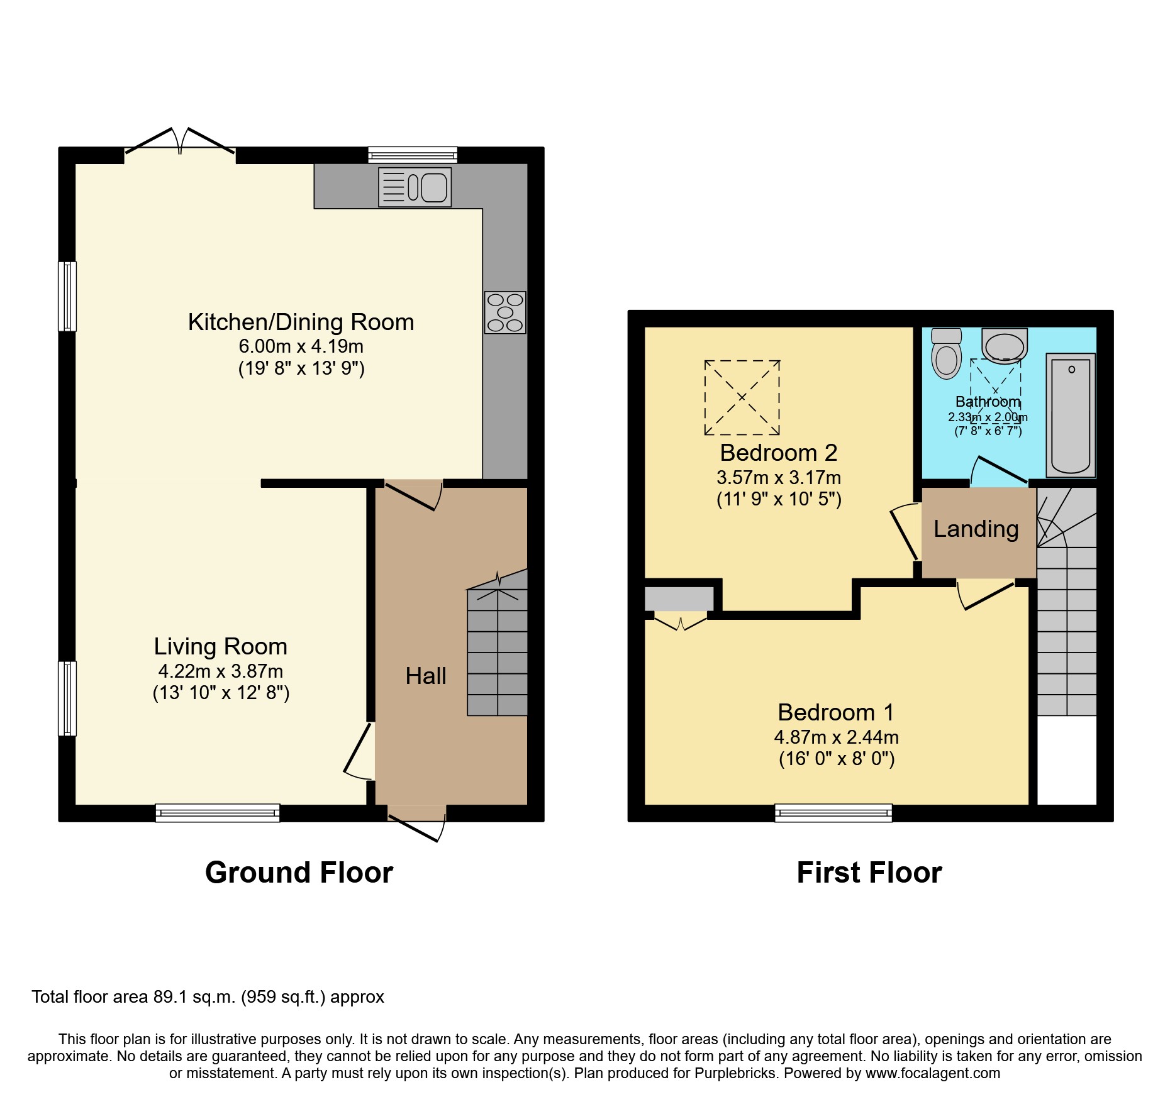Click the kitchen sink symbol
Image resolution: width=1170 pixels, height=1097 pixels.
(x=415, y=187)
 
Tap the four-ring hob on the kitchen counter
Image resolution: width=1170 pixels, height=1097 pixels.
(x=504, y=312)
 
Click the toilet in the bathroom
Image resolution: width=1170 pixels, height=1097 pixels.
(x=946, y=353)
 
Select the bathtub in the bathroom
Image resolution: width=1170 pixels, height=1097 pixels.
(x=1071, y=415)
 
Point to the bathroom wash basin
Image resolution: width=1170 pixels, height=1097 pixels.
(x=1005, y=346)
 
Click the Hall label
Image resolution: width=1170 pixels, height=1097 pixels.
(x=426, y=676)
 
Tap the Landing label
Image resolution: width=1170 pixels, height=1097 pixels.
(x=976, y=529)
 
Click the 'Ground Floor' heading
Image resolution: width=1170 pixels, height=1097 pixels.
(x=299, y=873)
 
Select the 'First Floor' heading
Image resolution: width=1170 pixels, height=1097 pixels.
(x=869, y=873)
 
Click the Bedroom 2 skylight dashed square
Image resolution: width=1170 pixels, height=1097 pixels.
(x=742, y=397)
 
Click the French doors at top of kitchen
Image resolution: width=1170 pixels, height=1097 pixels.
(x=180, y=141)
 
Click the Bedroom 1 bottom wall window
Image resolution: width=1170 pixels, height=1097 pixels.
(x=833, y=813)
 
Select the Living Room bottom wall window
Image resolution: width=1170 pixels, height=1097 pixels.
(x=218, y=813)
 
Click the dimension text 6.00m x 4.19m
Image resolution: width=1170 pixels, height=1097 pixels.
(x=301, y=346)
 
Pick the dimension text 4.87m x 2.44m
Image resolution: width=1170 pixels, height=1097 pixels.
(x=836, y=737)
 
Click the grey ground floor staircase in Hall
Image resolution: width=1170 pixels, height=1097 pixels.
(x=497, y=654)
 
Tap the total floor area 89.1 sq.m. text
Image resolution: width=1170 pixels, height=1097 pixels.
(x=208, y=997)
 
